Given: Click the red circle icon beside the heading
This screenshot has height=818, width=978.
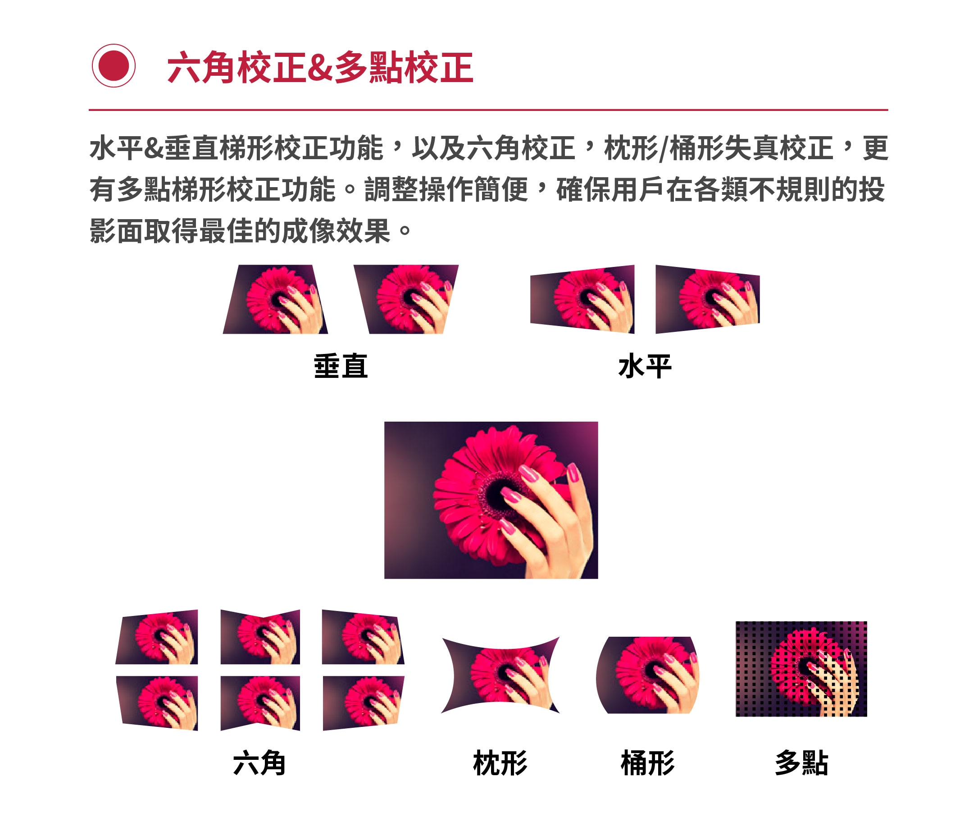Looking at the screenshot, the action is click(x=114, y=66).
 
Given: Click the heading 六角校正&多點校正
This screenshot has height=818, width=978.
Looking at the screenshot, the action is click(x=320, y=68).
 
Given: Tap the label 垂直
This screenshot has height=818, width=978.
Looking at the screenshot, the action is click(x=341, y=366).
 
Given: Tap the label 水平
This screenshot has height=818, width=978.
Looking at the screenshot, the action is click(x=645, y=366).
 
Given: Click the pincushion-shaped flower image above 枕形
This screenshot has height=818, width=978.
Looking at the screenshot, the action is click(x=500, y=676).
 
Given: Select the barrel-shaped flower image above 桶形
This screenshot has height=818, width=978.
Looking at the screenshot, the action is click(x=648, y=676).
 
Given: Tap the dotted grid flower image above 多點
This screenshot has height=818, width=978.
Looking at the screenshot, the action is click(x=801, y=669).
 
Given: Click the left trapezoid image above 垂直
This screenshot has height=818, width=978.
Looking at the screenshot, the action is click(x=275, y=299).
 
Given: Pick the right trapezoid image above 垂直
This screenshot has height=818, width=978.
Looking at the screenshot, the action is click(x=406, y=299).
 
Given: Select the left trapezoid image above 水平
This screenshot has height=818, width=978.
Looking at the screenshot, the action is click(x=582, y=299).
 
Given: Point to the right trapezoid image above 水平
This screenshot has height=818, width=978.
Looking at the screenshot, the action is click(x=708, y=299).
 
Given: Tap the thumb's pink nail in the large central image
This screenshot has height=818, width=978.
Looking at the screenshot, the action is click(x=573, y=473).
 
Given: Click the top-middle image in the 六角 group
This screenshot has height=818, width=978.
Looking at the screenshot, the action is click(x=260, y=637).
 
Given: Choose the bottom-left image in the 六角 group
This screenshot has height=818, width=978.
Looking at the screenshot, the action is click(x=157, y=703).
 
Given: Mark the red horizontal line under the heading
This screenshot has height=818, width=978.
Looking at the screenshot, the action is click(x=488, y=110).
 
